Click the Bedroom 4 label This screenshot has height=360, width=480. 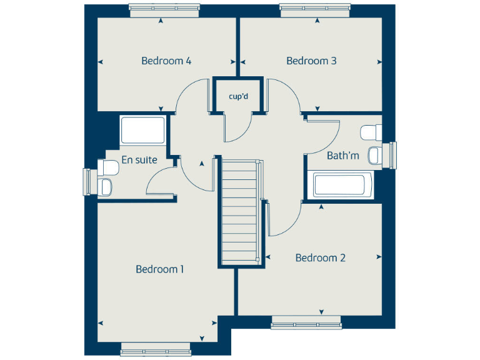click(166, 61)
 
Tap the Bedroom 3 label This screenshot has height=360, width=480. click(311, 61)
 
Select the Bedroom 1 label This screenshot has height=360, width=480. click(159, 269)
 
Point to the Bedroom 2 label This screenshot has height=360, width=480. click(321, 257)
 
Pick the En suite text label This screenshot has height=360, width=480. click(139, 160)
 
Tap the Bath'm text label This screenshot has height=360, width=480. click(343, 155)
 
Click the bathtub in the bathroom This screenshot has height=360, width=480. click(339, 186)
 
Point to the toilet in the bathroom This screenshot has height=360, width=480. click(371, 132)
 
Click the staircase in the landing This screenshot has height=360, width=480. click(241, 212)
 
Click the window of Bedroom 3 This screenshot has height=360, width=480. click(316, 7)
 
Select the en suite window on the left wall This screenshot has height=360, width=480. click(87, 181)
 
